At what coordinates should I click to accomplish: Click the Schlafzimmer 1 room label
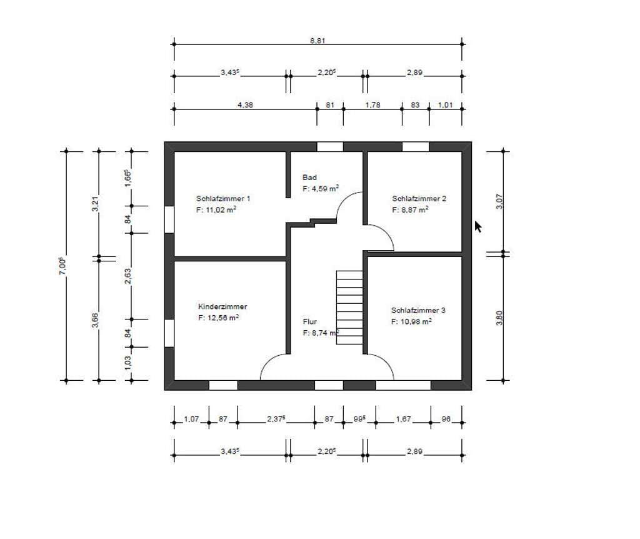223,199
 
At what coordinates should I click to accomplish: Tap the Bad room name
309,177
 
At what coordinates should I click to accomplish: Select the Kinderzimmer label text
222,306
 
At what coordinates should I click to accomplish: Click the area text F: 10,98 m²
411,321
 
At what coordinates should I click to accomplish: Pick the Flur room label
310,322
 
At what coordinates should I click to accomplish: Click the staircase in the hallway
349,308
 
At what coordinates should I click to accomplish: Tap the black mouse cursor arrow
478,226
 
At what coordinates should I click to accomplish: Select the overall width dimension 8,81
317,41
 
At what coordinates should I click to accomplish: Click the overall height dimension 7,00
62,266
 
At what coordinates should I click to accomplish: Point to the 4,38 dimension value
245,105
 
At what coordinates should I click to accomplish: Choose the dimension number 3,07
499,201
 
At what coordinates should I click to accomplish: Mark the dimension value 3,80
499,318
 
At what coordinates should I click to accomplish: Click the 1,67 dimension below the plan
403,419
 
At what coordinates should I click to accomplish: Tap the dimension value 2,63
127,276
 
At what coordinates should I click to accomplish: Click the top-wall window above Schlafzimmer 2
416,146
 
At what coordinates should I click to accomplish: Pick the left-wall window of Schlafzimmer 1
169,219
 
